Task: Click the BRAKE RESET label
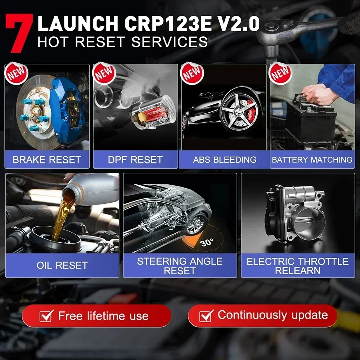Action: pyautogui.click(x=47, y=159)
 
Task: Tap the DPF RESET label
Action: pyautogui.click(x=135, y=159)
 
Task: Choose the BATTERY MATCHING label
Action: pyautogui.click(x=312, y=159)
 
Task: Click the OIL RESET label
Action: pyautogui.click(x=62, y=265)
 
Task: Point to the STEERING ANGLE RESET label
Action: pyautogui.click(x=180, y=266)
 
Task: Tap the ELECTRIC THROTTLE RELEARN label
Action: pyautogui.click(x=298, y=266)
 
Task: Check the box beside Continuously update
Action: pyautogui.click(x=206, y=316)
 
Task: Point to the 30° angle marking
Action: pyautogui.click(x=207, y=242)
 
